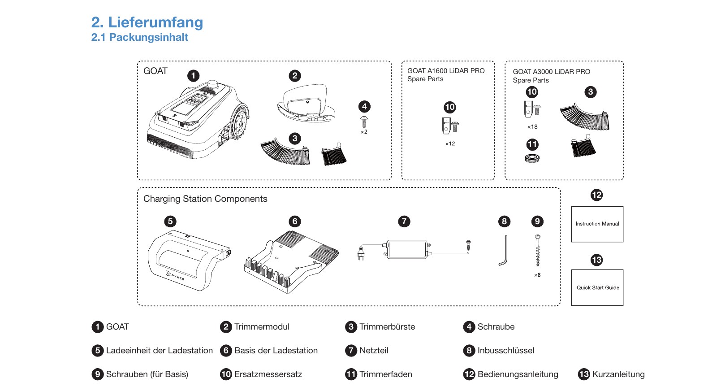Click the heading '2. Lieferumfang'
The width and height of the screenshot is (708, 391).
click(147, 22)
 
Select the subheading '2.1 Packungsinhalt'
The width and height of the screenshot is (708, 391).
click(140, 37)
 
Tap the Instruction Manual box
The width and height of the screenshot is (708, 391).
click(597, 224)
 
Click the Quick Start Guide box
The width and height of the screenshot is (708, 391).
click(597, 287)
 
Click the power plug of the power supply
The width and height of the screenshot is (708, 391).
click(361, 253)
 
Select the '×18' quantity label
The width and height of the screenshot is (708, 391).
click(532, 127)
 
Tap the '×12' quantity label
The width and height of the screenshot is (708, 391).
click(450, 143)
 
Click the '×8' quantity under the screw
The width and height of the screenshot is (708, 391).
click(537, 275)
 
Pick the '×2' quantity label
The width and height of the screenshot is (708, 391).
click(364, 131)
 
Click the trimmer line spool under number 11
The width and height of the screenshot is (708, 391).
click(532, 158)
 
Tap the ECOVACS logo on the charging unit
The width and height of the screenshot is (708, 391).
click(175, 275)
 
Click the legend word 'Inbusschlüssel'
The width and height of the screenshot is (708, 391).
click(506, 351)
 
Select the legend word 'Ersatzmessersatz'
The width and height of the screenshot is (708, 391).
click(268, 374)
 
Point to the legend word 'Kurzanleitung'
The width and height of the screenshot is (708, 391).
click(618, 374)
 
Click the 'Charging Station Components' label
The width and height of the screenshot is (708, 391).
click(205, 199)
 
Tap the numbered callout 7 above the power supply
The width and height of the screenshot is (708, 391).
click(404, 222)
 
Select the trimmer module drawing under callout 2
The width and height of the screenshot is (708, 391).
click(306, 103)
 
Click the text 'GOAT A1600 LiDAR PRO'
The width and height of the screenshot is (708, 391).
click(446, 71)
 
